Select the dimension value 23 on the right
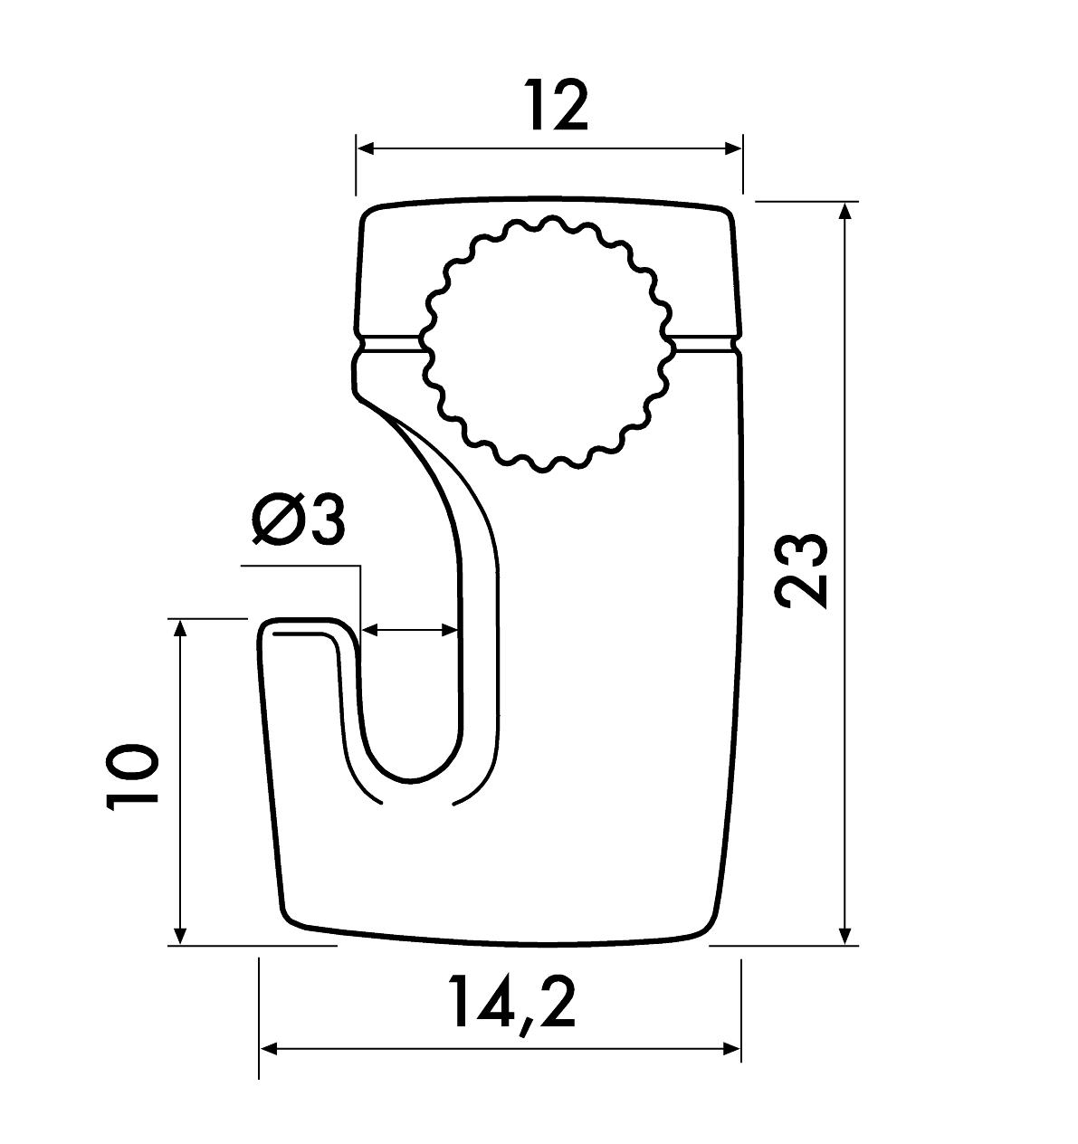801,571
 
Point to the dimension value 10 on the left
132,777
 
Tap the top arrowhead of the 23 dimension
845,213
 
